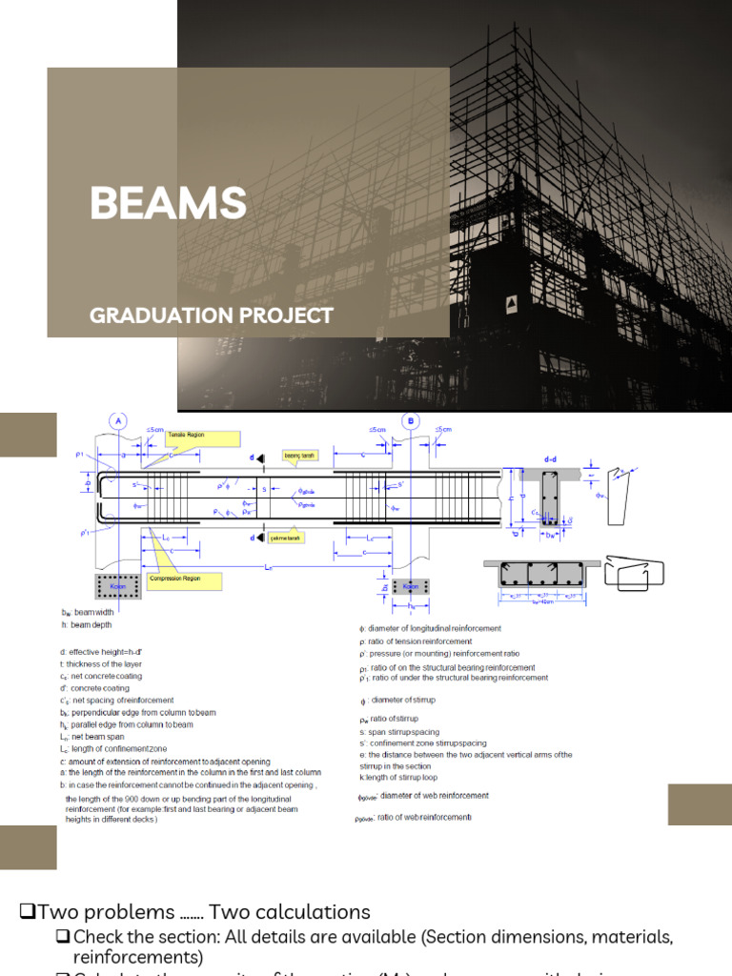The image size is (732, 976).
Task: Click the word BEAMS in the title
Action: (x=168, y=203)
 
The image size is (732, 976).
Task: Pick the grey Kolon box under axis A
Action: (x=118, y=586)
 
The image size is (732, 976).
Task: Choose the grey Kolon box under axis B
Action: (x=411, y=586)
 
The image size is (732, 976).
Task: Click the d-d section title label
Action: (x=550, y=460)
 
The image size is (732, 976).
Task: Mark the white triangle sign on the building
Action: (x=512, y=303)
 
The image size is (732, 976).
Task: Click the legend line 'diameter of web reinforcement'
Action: (x=423, y=796)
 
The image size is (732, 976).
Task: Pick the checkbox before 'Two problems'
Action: (x=28, y=912)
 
